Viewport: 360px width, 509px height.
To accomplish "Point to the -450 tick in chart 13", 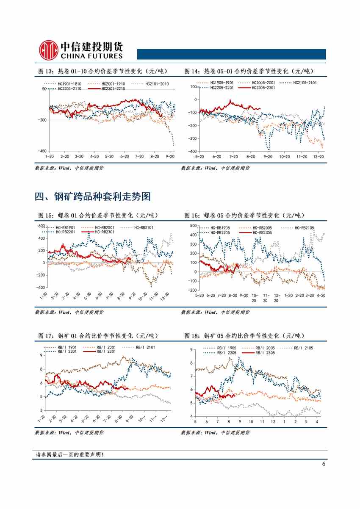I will click(x=42, y=151).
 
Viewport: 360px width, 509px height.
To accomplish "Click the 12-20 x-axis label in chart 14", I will click(x=318, y=157).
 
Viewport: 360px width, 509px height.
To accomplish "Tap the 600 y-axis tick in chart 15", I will click(x=42, y=226).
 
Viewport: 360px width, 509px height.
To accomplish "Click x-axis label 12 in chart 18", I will click(x=273, y=422).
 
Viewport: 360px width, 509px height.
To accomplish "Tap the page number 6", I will click(x=324, y=464).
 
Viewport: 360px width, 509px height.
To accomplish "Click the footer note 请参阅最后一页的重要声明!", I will click(x=69, y=455).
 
